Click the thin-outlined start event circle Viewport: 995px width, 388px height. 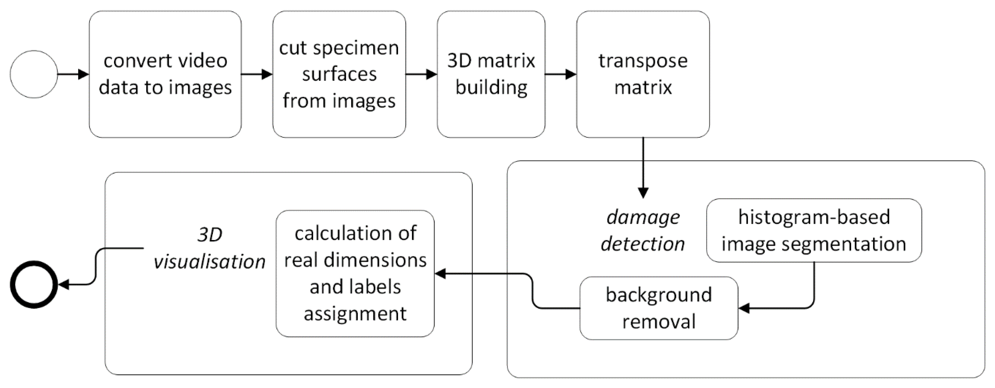pos(34,74)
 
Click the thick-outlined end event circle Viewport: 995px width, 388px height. pos(34,285)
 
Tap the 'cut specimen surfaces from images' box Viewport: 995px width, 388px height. pos(339,74)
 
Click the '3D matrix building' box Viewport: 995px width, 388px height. pos(491,74)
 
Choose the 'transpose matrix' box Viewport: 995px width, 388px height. pos(643,74)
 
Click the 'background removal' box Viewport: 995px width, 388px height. pos(659,308)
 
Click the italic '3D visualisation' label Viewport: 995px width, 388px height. pos(209,248)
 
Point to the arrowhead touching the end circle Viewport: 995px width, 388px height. pos(63,285)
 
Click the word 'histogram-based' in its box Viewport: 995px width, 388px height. pos(814,217)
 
